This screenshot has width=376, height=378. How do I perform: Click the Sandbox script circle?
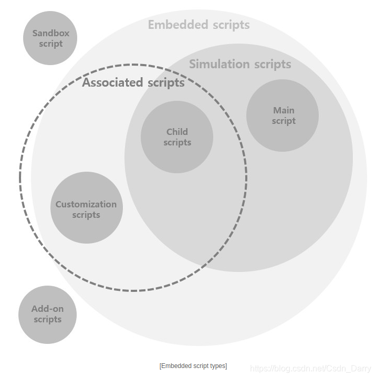(50, 38)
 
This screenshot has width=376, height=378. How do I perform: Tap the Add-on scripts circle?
(48, 314)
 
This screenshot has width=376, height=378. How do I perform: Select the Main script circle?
(283, 115)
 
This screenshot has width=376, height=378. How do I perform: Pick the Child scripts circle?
(177, 137)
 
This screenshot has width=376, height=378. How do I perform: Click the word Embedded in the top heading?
(177, 25)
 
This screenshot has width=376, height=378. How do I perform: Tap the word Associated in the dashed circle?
(112, 82)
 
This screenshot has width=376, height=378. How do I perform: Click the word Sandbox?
(51, 33)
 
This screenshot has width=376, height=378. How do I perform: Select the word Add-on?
(47, 309)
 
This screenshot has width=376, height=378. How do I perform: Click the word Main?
(284, 110)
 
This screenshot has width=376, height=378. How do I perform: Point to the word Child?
(177, 132)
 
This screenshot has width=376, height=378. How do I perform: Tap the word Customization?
(86, 204)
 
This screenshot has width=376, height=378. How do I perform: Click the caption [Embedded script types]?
(193, 366)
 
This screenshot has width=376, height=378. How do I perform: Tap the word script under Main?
(284, 121)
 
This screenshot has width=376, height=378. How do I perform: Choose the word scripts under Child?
(177, 142)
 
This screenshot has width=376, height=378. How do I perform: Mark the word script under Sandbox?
(51, 44)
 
